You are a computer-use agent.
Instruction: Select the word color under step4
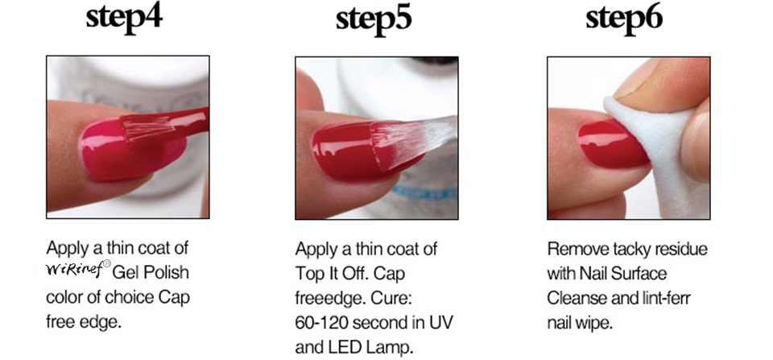[x=65, y=297]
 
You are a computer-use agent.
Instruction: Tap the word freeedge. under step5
[x=329, y=297]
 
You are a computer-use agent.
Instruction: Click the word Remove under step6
[x=573, y=248]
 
